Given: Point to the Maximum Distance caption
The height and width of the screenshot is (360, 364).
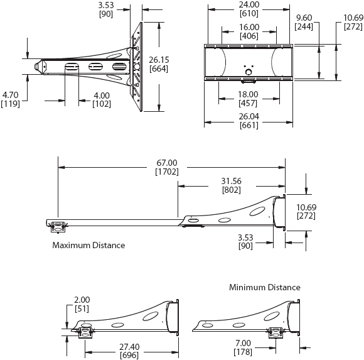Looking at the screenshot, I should tap(88, 245).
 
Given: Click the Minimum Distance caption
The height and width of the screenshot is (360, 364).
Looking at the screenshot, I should tap(264, 287).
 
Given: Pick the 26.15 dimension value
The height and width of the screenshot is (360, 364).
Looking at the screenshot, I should tap(158, 60).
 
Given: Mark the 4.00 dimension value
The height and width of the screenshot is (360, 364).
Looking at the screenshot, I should tap(102, 95).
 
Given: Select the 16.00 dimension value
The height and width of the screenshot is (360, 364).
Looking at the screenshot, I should tap(249, 28).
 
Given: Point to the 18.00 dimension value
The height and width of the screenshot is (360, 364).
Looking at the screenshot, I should tap(249, 94).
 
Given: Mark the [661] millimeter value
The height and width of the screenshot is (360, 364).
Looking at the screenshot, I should tap(249, 125).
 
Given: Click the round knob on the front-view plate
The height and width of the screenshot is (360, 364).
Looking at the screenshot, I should tap(249, 72).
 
